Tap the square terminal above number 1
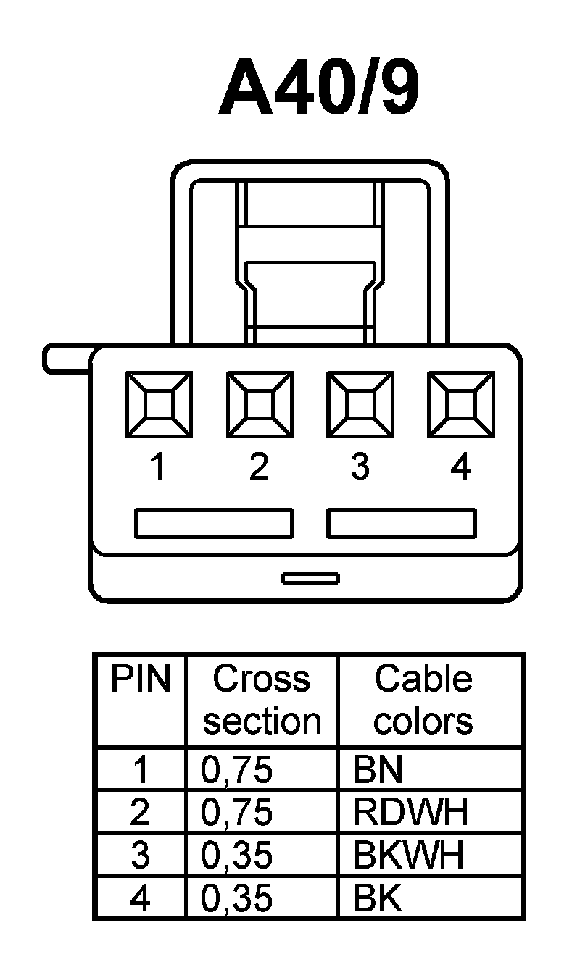click(x=159, y=403)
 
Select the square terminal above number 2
click(x=260, y=403)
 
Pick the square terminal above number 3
click(x=360, y=403)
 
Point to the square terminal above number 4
click(x=460, y=403)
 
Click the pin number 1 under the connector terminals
click(x=157, y=467)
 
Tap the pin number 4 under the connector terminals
click(x=460, y=467)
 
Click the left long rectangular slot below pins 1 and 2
click(x=214, y=524)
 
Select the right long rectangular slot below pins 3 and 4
click(x=402, y=524)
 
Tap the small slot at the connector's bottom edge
click(x=310, y=577)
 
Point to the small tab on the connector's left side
click(x=65, y=359)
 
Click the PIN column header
click(x=140, y=680)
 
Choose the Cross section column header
click(x=262, y=700)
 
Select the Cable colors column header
click(x=423, y=700)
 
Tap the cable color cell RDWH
click(x=410, y=813)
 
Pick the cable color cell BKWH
click(x=407, y=856)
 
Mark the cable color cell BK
click(x=377, y=899)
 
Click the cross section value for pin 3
click(x=236, y=856)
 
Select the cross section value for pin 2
click(x=236, y=813)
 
